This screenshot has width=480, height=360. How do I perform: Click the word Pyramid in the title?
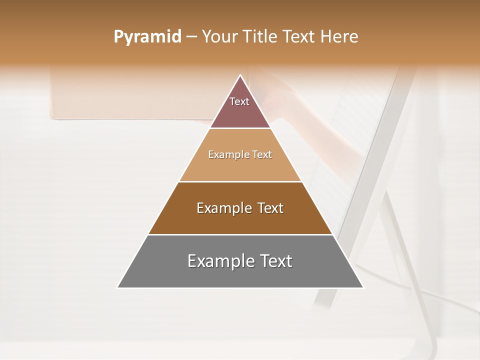pos(147,37)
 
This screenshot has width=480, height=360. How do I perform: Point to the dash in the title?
pos(191,37)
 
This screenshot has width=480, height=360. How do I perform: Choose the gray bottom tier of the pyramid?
pos(240,275)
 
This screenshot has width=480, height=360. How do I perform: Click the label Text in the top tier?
pos(239,101)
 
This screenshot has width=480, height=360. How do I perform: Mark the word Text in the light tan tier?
pos(262,154)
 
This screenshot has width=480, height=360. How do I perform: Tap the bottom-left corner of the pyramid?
pos(118,287)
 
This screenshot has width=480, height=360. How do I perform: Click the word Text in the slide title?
pos(299,36)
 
